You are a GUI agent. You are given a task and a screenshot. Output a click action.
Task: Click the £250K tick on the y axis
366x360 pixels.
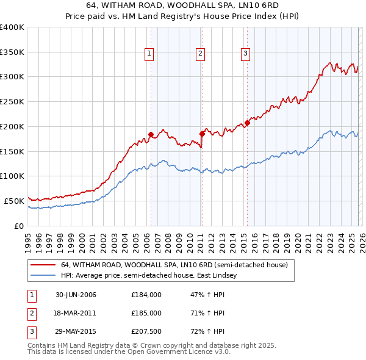[x=12, y=101]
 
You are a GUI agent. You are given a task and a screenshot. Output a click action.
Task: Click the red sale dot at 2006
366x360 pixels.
[x=151, y=134]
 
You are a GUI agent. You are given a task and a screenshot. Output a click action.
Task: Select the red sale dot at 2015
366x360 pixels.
[x=247, y=123]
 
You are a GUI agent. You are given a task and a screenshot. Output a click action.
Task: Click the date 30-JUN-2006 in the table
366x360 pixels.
[x=76, y=295]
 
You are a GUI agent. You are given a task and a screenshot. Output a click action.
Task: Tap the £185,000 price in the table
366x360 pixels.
[x=146, y=313]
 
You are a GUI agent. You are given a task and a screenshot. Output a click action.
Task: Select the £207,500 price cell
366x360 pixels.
[x=146, y=331]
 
